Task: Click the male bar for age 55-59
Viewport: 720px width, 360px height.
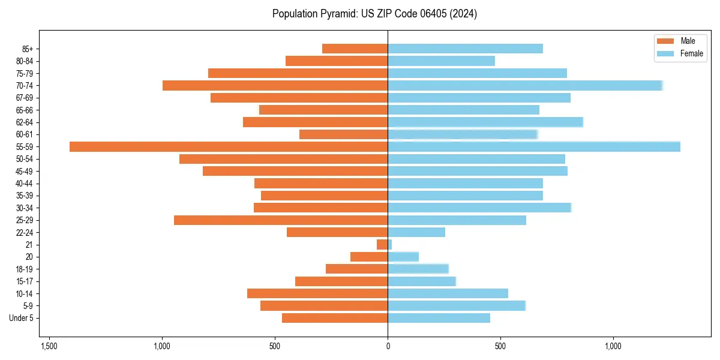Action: pyautogui.click(x=229, y=146)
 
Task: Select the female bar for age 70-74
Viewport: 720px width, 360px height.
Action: pyautogui.click(x=525, y=85)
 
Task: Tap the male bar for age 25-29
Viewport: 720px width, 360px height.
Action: pyautogui.click(x=281, y=220)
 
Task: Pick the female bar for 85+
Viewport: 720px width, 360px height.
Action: pyautogui.click(x=465, y=49)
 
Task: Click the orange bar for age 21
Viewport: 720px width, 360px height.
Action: pyautogui.click(x=382, y=245)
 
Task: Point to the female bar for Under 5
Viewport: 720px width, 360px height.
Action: pyautogui.click(x=439, y=318)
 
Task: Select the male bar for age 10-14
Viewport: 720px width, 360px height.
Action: pyautogui.click(x=317, y=293)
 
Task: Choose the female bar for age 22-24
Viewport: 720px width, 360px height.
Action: pyautogui.click(x=416, y=232)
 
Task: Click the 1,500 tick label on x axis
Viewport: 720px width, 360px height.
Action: pyautogui.click(x=49, y=347)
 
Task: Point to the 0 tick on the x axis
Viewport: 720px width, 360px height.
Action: pyautogui.click(x=388, y=347)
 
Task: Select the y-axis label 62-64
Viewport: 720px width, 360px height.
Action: pyautogui.click(x=25, y=122)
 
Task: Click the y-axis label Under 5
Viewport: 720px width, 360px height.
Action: pyautogui.click(x=21, y=318)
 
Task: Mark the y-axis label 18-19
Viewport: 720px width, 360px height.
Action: pyautogui.click(x=25, y=269)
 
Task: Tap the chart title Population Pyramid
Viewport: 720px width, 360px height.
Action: pyautogui.click(x=374, y=14)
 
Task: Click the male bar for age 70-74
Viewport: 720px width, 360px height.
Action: pyautogui.click(x=275, y=85)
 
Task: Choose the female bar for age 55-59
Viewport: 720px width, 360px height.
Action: pyautogui.click(x=534, y=146)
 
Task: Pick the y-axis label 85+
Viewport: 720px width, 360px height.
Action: pyautogui.click(x=27, y=49)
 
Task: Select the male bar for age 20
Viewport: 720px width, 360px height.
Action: pyautogui.click(x=369, y=257)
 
